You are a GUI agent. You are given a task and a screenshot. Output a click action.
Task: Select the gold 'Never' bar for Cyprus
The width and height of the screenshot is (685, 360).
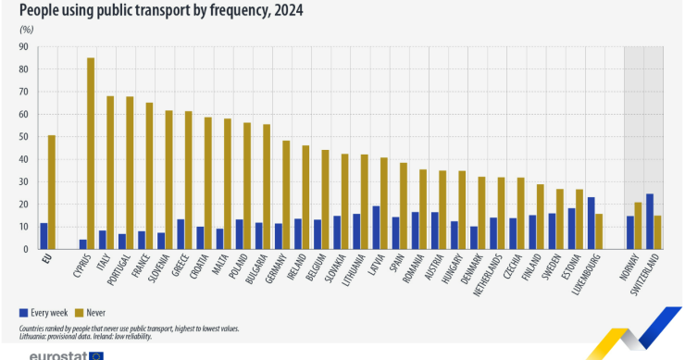coord(91,154)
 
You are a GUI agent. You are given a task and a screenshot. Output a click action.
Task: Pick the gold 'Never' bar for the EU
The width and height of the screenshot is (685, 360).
coord(51,192)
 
